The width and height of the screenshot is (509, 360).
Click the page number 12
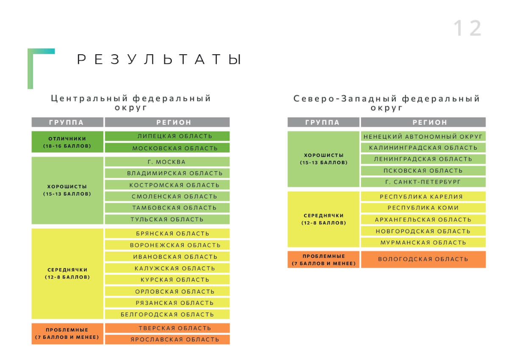(467, 28)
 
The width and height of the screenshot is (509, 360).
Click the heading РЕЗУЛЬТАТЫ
(159, 59)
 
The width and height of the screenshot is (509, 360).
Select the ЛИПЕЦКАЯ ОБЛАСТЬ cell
(167, 136)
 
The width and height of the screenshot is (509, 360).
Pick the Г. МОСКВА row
(167, 162)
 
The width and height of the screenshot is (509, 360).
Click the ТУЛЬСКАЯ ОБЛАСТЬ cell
(167, 219)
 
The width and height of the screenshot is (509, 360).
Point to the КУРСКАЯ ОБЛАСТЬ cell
(167, 279)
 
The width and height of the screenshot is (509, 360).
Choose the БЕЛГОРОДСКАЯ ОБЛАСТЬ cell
(167, 314)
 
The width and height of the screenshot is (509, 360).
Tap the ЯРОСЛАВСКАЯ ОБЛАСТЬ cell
(167, 339)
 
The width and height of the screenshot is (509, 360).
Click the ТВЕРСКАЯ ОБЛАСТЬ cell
(167, 328)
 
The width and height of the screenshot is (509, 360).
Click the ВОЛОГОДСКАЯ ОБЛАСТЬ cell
(423, 260)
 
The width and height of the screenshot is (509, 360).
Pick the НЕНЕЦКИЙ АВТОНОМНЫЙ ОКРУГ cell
(423, 136)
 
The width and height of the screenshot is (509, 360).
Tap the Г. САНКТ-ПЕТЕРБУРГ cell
(423, 182)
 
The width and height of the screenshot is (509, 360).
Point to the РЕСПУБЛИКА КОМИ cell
(423, 208)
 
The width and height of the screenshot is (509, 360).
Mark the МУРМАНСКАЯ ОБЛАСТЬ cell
(423, 243)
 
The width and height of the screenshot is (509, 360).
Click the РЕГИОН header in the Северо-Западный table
(423, 122)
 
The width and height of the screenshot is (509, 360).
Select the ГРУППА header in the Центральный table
(67, 122)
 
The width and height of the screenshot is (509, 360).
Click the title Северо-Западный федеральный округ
(386, 103)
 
